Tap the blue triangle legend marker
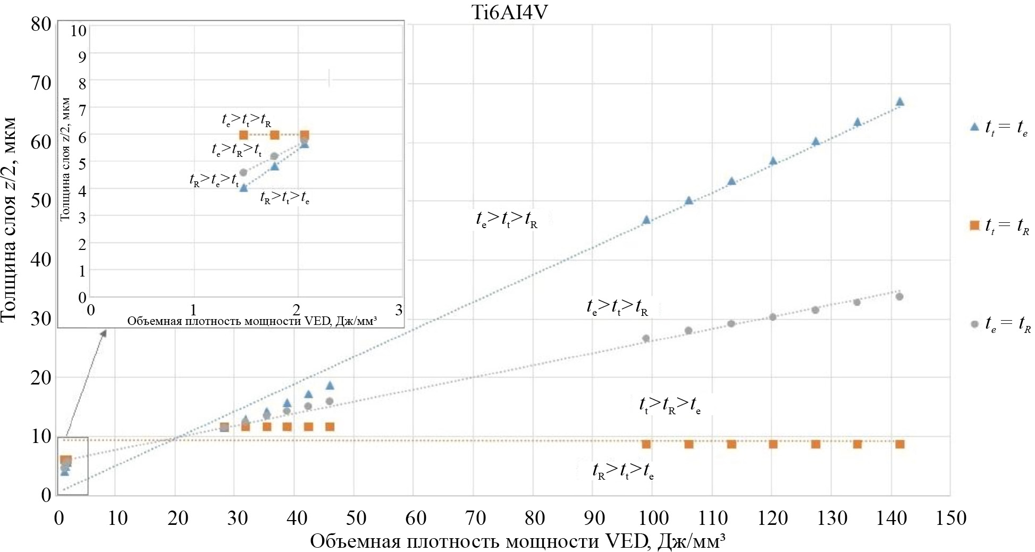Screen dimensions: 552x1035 click(x=974, y=127)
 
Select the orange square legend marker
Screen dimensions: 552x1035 click(x=974, y=225)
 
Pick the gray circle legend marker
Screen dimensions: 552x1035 click(x=974, y=324)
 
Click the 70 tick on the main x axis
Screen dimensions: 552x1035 click(x=475, y=518)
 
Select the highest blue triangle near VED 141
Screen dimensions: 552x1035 click(x=899, y=101)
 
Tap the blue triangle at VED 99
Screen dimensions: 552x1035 click(x=646, y=219)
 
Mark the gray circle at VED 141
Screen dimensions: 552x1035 click(x=899, y=296)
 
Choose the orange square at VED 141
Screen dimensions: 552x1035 click(x=899, y=444)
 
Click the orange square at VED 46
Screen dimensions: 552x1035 click(x=330, y=426)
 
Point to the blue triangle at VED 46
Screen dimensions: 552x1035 click(x=330, y=385)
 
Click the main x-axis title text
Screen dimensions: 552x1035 click(x=517, y=541)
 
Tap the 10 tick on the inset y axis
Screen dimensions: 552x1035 click(x=79, y=30)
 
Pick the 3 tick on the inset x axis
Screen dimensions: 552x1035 click(x=399, y=310)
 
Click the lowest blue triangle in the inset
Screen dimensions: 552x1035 click(x=243, y=187)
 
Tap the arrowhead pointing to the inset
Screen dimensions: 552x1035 click(x=104, y=332)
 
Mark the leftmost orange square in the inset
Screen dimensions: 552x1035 click(x=243, y=135)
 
